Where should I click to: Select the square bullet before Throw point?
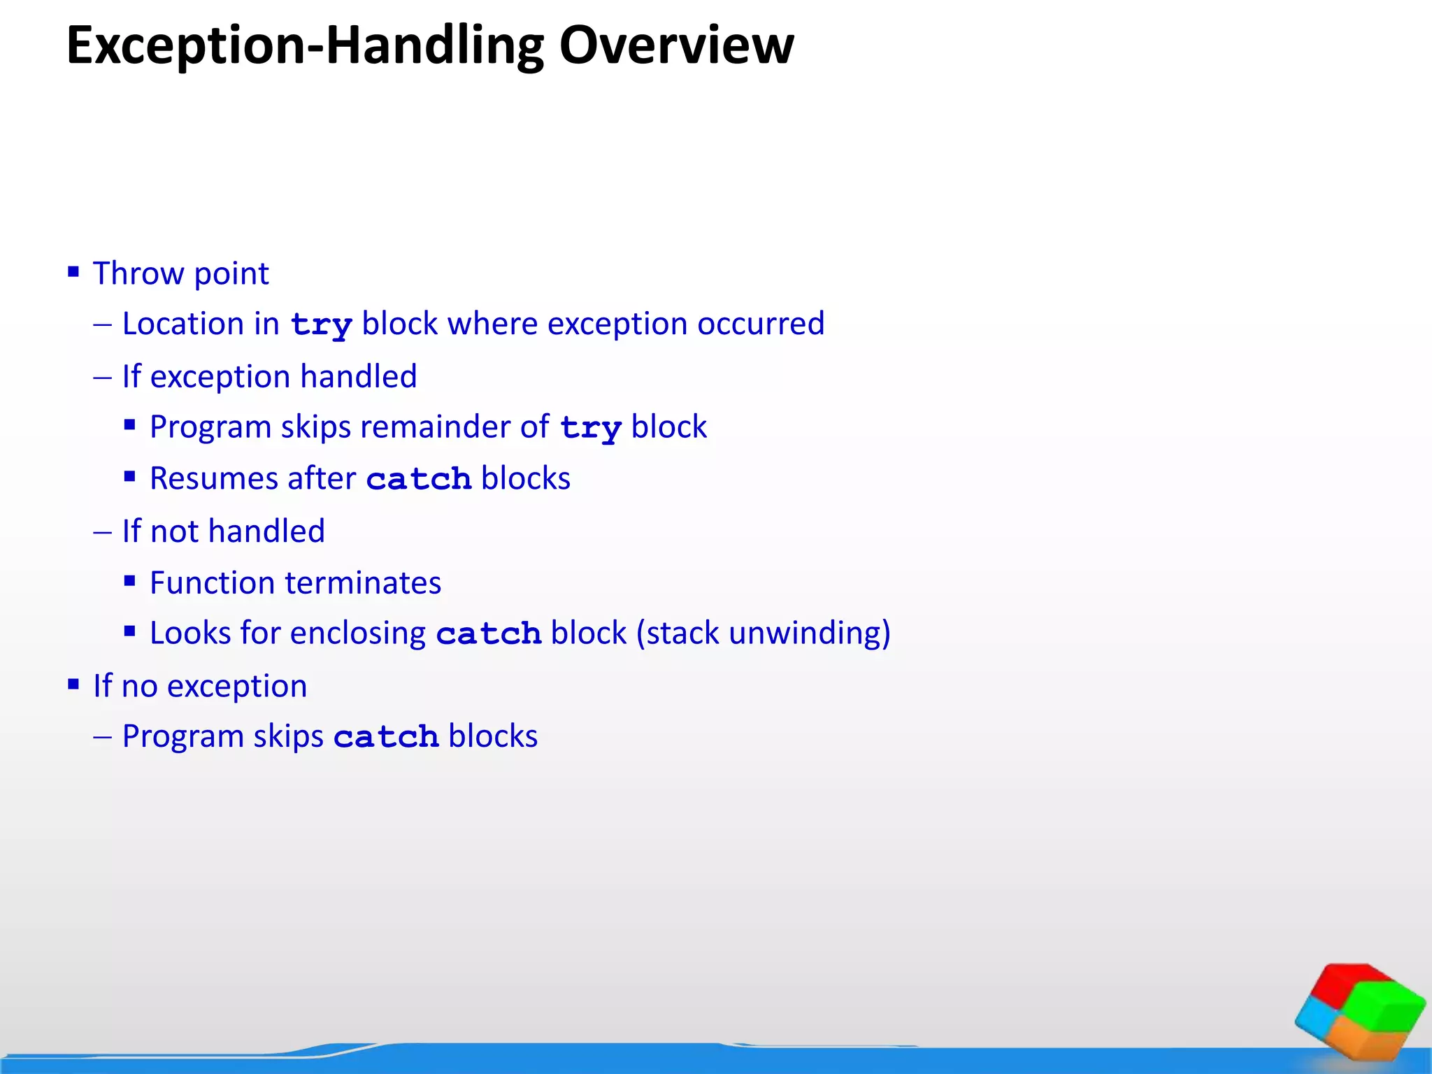click(73, 271)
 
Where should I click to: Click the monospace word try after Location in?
click(321, 325)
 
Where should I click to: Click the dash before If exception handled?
click(102, 378)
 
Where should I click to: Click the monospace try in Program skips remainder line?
click(591, 428)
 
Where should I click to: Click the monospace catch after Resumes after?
click(419, 480)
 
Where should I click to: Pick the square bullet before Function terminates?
click(129, 580)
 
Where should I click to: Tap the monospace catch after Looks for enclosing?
click(489, 634)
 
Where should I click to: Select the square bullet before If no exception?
click(73, 684)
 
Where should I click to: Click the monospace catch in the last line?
click(386, 737)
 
